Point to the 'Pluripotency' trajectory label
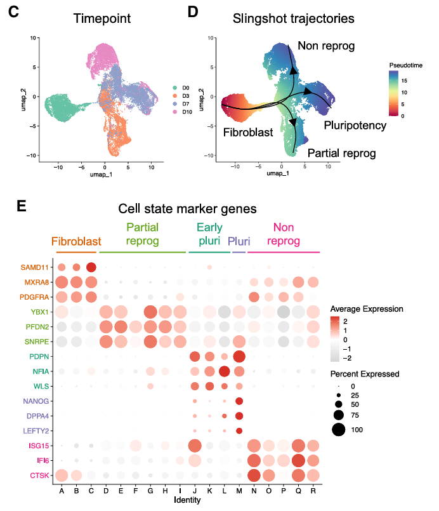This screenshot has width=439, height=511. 355,125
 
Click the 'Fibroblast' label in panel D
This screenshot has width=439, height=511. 248,133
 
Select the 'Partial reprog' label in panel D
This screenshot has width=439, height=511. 341,153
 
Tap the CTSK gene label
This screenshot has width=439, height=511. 39,474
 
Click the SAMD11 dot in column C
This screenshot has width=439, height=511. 91,267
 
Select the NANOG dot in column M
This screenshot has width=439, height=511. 239,401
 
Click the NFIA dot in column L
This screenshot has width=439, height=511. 224,371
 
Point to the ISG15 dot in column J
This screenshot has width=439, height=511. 195,445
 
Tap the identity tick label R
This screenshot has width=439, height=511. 313,489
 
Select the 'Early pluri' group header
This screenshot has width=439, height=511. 209,234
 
